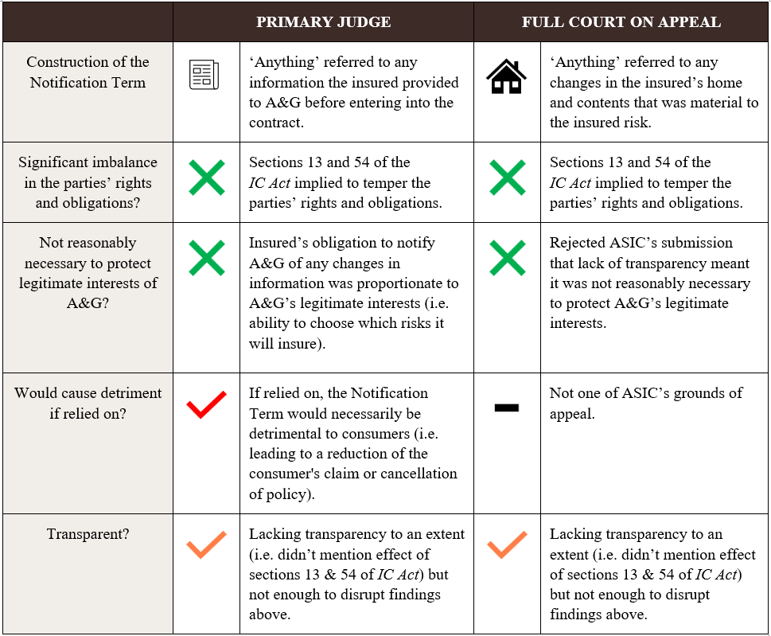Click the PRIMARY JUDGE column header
pyautogui.click(x=323, y=22)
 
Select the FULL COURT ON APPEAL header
pyautogui.click(x=621, y=22)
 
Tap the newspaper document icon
pyautogui.click(x=204, y=76)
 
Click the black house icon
pyautogui.click(x=507, y=76)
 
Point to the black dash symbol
pyautogui.click(x=507, y=408)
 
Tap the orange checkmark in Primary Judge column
pyautogui.click(x=206, y=545)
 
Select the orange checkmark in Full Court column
pyautogui.click(x=507, y=545)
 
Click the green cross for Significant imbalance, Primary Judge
pyautogui.click(x=206, y=178)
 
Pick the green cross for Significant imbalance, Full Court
pyautogui.click(x=507, y=178)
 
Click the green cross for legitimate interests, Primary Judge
pyautogui.click(x=206, y=259)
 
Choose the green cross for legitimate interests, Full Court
pyautogui.click(x=507, y=259)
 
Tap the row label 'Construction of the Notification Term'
pyautogui.click(x=88, y=72)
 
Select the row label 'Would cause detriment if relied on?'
pyautogui.click(x=88, y=403)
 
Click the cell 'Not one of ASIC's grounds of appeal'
pyautogui.click(x=645, y=403)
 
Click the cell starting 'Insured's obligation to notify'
pyautogui.click(x=353, y=293)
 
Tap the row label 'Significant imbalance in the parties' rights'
pyautogui.click(x=88, y=182)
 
